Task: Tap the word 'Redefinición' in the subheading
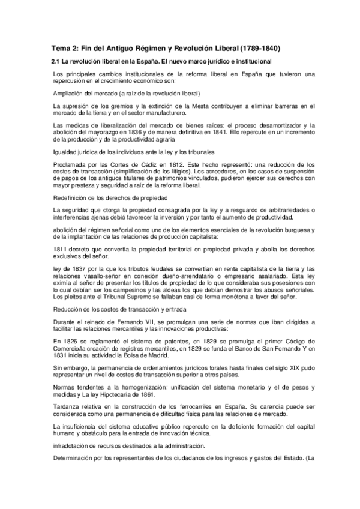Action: (70, 197)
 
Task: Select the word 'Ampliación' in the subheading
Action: (68, 94)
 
